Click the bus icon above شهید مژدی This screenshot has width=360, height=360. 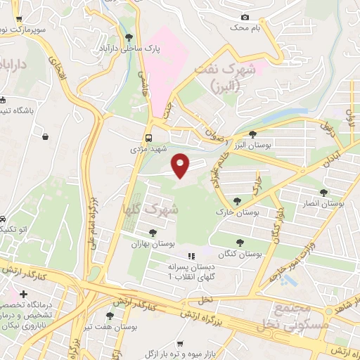[x=149, y=138]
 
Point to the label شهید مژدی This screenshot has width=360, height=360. [x=148, y=150]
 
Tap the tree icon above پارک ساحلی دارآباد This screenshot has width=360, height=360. [x=128, y=38]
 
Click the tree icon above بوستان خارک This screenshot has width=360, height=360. [x=246, y=200]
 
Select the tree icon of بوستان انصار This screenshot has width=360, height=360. [x=324, y=192]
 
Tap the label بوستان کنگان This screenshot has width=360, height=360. [x=240, y=253]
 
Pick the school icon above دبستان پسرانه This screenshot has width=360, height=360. [x=190, y=256]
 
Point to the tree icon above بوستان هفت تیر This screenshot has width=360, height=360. [x=109, y=316]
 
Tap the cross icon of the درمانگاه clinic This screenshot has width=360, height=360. [x=24, y=294]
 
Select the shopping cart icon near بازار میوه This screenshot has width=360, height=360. [x=181, y=344]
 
